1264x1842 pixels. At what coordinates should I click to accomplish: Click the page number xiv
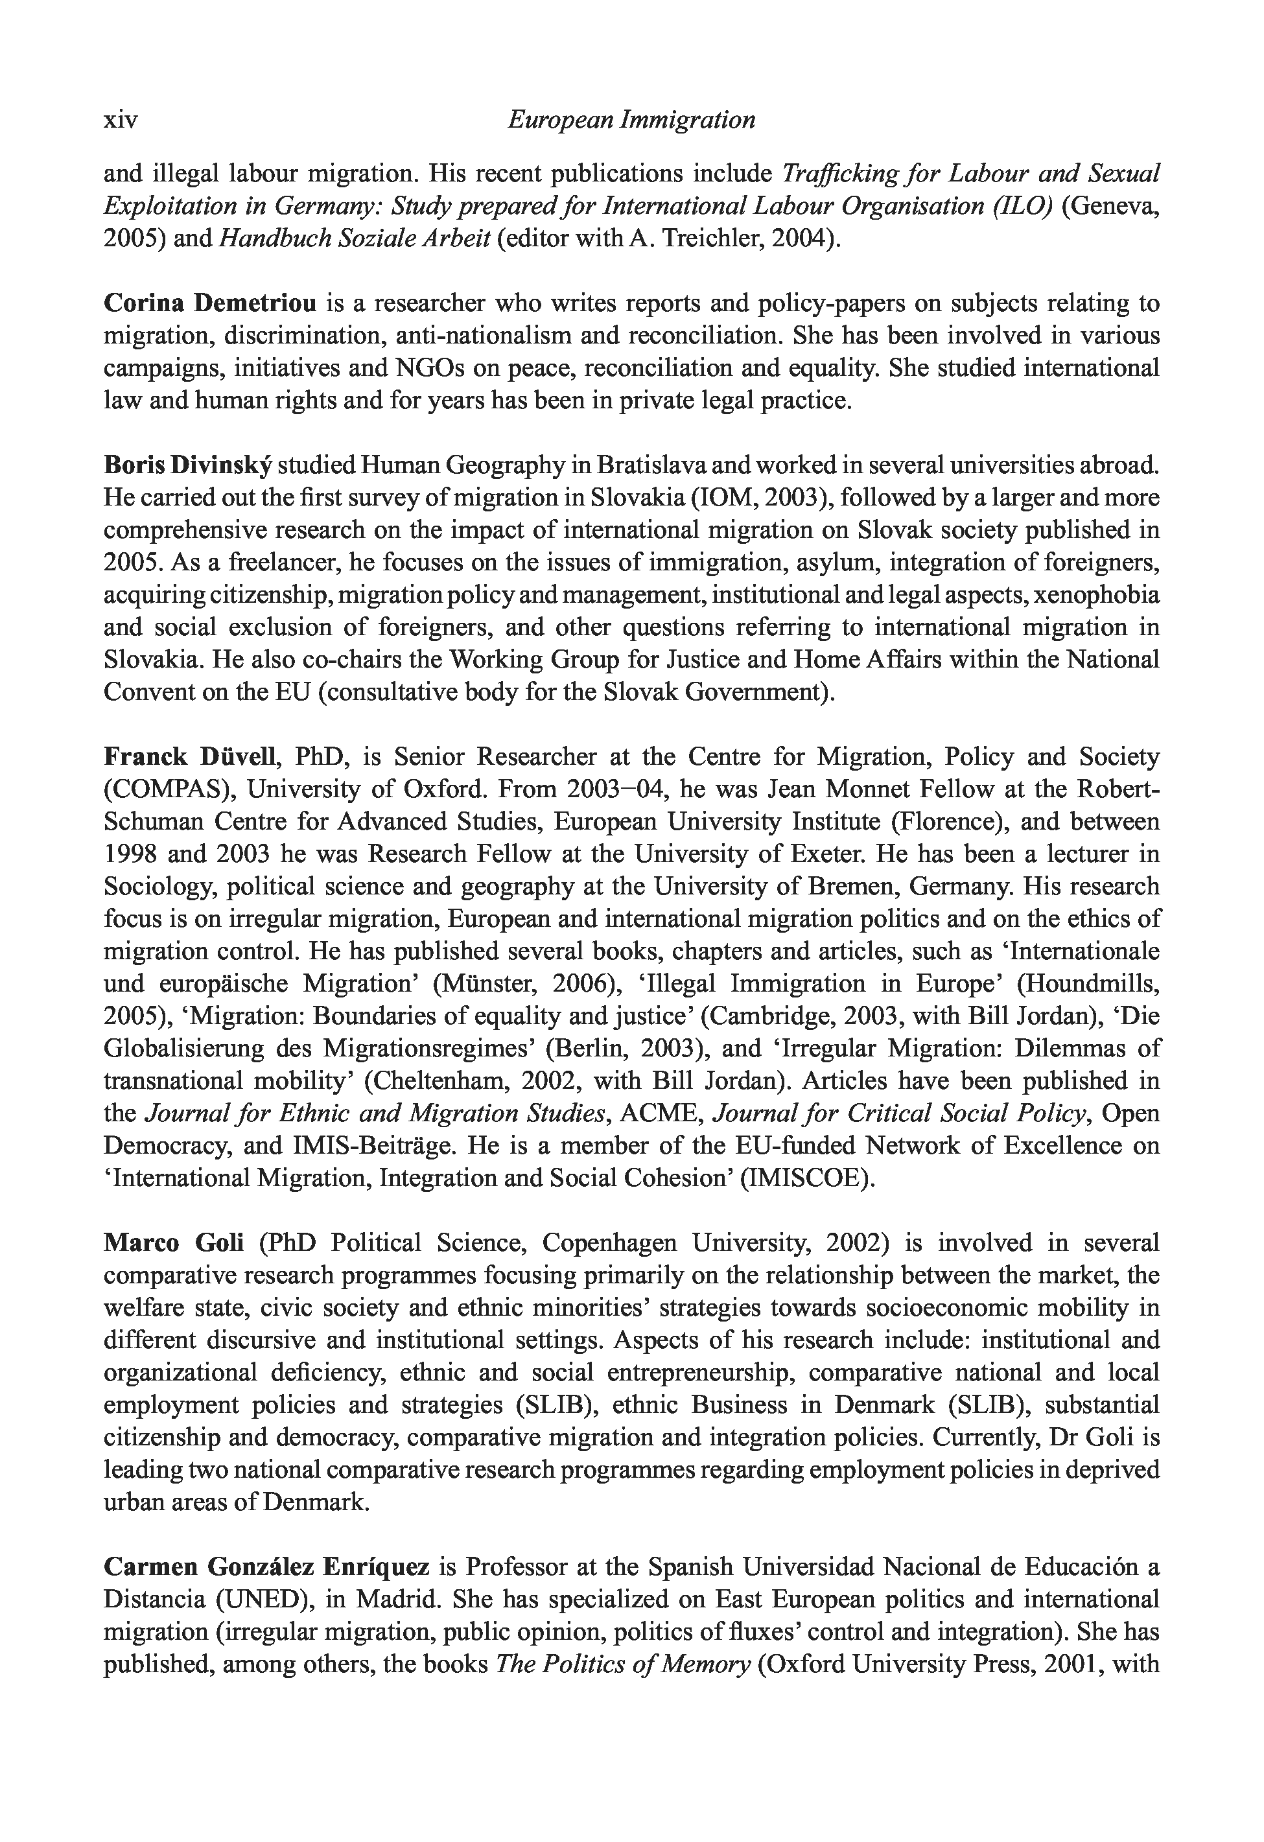[x=121, y=121]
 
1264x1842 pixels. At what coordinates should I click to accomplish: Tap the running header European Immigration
[x=631, y=121]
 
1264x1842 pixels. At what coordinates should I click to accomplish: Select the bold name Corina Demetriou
[x=210, y=303]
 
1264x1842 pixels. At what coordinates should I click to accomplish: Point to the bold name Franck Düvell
[x=189, y=757]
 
